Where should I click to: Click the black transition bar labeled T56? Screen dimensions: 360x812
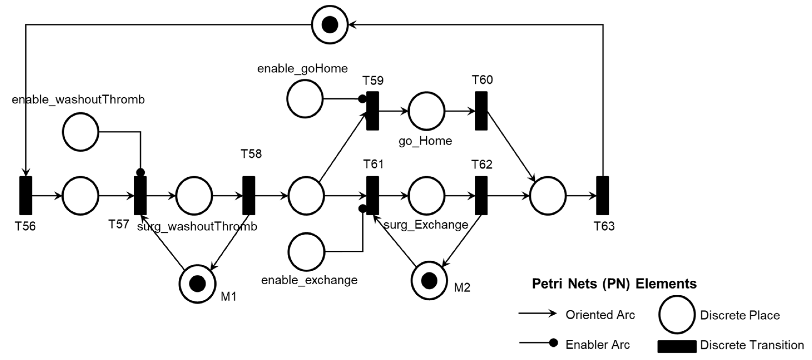[x=26, y=195]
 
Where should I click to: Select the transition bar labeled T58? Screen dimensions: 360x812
[x=248, y=195]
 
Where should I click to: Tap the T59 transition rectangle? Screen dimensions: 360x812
[x=373, y=111]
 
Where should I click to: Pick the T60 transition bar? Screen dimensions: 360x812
[x=481, y=111]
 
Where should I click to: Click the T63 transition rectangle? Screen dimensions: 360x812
[x=602, y=195]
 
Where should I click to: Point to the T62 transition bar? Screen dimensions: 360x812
[x=481, y=195]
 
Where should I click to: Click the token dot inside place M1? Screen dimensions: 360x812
[x=198, y=284]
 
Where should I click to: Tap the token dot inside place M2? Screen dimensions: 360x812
[x=429, y=280]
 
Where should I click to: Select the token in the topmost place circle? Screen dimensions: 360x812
[x=330, y=24]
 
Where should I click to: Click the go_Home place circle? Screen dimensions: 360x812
[x=427, y=111]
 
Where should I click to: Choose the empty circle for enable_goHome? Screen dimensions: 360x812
[x=305, y=99]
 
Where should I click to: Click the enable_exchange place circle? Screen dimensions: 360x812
[x=306, y=252]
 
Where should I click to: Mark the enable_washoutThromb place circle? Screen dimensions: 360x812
[x=81, y=132]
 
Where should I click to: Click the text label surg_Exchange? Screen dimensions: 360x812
[x=426, y=225]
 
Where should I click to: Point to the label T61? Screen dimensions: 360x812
[x=373, y=164]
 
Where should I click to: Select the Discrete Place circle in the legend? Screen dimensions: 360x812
[x=677, y=315]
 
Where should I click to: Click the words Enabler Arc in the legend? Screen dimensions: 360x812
[x=598, y=344]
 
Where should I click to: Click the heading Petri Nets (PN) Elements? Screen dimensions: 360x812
[x=614, y=284]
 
